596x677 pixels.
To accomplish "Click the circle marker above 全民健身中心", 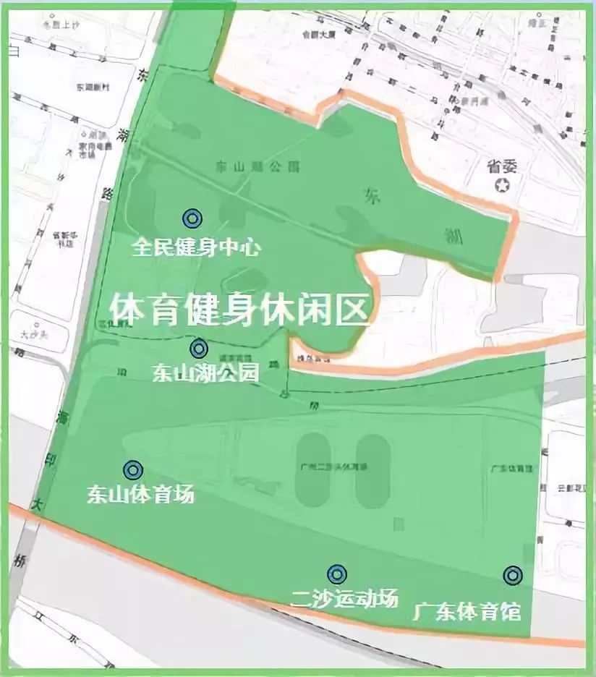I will click(x=192, y=218).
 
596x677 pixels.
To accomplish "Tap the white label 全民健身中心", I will click(x=196, y=247).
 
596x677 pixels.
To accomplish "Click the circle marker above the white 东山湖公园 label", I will click(x=198, y=349).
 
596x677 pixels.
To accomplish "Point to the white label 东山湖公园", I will click(x=205, y=373).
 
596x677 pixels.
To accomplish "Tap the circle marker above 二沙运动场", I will click(x=336, y=574).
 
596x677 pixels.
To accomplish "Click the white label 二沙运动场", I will click(x=344, y=599).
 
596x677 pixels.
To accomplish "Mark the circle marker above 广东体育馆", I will click(x=513, y=575).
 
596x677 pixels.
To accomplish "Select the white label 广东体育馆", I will click(x=467, y=611).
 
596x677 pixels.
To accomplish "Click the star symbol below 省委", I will click(x=501, y=186).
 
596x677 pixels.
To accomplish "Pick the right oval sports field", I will click(x=372, y=470).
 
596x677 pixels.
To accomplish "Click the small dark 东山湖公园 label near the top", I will click(x=247, y=167).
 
